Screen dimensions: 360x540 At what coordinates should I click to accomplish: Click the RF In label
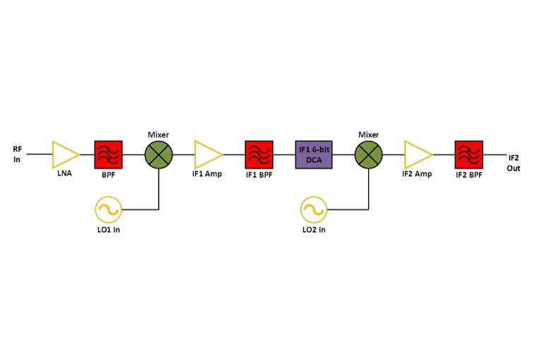click(18, 154)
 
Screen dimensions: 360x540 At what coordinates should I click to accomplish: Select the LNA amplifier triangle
click(58, 154)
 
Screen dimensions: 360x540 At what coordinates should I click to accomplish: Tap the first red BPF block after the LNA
click(108, 154)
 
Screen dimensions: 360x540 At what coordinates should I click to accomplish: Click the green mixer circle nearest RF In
click(159, 154)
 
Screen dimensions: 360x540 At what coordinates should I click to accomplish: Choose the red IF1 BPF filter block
click(259, 154)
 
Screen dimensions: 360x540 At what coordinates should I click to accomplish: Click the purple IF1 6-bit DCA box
click(314, 154)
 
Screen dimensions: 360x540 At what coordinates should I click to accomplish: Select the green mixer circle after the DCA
click(368, 154)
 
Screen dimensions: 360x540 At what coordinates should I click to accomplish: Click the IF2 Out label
click(514, 164)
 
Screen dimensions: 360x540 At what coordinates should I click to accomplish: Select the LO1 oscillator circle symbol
click(109, 208)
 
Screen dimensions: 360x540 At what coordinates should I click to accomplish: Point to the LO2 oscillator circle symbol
click(313, 209)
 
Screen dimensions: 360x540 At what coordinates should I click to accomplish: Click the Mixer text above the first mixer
click(158, 135)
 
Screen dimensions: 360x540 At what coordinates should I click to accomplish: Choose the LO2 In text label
click(313, 226)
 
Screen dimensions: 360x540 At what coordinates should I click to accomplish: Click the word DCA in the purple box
click(314, 161)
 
